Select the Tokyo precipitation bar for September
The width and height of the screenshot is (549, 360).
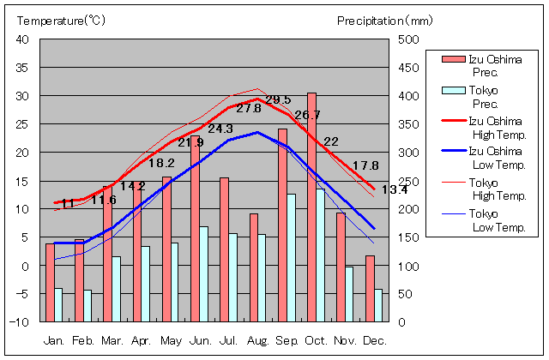point(292,257)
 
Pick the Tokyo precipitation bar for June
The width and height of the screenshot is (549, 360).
point(203,273)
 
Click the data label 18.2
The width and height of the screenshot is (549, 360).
point(161,162)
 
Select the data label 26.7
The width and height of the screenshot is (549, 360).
point(307,115)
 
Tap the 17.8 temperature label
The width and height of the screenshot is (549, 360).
point(365,165)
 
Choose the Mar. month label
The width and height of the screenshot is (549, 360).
point(112,340)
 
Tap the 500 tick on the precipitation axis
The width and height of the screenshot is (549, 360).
point(409,39)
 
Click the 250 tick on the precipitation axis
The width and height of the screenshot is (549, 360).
point(409,181)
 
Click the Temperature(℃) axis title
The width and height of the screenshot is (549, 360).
point(60,20)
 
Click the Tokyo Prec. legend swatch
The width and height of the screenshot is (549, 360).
point(452,91)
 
